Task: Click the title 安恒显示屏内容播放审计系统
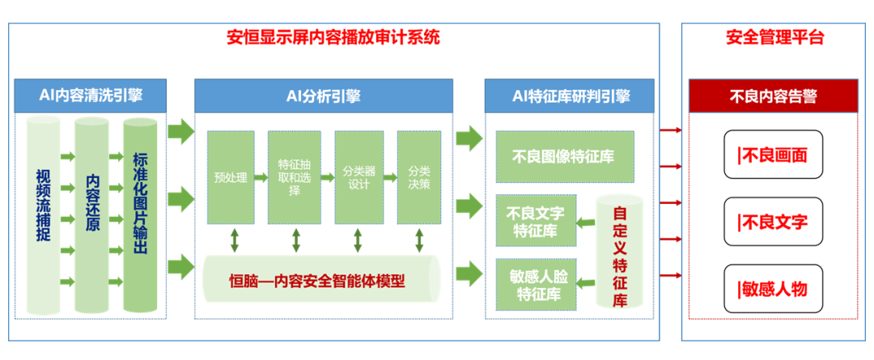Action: click(x=333, y=38)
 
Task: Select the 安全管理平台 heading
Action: click(x=774, y=38)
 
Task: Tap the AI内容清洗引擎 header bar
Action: click(x=91, y=95)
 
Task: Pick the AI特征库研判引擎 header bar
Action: click(x=571, y=95)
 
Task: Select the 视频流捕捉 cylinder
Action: click(x=44, y=210)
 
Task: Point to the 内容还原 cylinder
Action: click(x=92, y=210)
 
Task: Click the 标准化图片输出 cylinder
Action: click(x=140, y=210)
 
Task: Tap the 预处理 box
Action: click(x=231, y=177)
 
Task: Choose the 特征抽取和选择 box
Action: click(x=295, y=177)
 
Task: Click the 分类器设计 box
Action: click(x=358, y=177)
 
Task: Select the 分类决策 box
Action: click(x=419, y=177)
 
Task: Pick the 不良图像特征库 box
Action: click(x=563, y=156)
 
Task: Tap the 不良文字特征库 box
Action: click(x=536, y=221)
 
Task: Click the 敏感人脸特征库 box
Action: click(x=536, y=282)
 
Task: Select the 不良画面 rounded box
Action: click(x=773, y=155)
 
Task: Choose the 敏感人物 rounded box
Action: click(x=773, y=289)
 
